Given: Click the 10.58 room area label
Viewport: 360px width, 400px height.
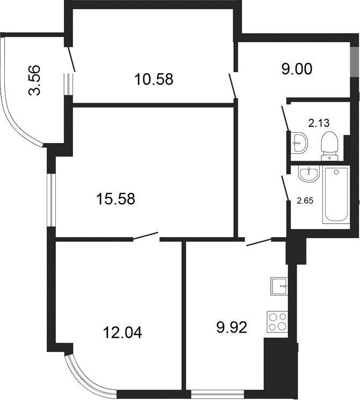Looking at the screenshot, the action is point(154,79).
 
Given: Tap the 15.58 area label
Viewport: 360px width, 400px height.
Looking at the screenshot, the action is point(116,199).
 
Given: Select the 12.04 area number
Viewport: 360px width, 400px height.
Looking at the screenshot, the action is point(123,333).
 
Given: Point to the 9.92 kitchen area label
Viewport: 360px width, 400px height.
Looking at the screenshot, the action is point(232,327).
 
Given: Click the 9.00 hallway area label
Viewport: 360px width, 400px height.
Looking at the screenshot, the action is point(297,69).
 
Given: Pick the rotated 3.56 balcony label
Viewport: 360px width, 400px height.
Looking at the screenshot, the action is point(34,80).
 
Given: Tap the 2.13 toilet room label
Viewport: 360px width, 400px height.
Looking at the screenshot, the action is point(319,124).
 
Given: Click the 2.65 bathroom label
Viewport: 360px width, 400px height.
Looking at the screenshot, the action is point(305,201).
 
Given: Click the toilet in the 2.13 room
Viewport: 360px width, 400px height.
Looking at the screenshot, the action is point(330,146).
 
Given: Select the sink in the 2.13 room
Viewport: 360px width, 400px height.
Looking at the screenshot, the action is point(299,143).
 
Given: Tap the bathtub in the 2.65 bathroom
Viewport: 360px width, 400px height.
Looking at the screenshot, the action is point(336,195).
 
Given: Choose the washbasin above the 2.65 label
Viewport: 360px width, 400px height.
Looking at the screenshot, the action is point(309,174).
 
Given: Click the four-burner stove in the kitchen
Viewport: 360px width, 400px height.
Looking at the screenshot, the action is point(277,322).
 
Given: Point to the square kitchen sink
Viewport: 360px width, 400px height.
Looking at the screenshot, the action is point(279,286).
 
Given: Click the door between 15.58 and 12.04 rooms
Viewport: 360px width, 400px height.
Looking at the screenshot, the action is point(146,236).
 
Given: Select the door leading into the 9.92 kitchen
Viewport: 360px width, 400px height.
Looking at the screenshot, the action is point(259,242).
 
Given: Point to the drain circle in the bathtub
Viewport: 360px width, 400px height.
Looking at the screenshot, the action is point(336,173).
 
